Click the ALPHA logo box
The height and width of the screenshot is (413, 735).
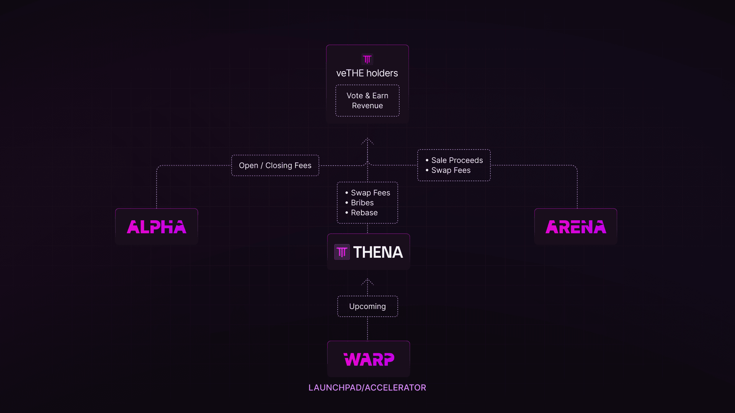click(x=157, y=227)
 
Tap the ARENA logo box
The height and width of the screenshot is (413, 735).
click(x=575, y=227)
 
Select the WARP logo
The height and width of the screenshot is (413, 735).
click(x=369, y=359)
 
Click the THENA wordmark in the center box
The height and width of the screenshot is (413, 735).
click(x=378, y=252)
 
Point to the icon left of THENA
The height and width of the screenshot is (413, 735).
click(x=342, y=252)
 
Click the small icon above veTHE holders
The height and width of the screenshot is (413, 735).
click(x=367, y=59)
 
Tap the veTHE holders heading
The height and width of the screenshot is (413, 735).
click(x=367, y=73)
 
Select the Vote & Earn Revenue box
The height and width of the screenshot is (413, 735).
click(x=367, y=101)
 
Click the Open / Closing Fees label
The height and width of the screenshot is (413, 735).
click(x=275, y=166)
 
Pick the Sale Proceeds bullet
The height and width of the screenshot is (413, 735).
click(x=457, y=160)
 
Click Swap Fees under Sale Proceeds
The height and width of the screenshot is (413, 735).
click(x=451, y=170)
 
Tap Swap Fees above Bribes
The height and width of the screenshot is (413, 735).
click(x=370, y=193)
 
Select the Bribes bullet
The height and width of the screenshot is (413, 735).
click(x=362, y=203)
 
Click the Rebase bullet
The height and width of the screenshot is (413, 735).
click(x=364, y=213)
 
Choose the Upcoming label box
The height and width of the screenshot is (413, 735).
click(x=367, y=306)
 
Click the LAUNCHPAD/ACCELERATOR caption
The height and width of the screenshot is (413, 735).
click(x=367, y=388)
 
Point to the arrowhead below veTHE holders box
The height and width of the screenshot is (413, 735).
click(x=367, y=141)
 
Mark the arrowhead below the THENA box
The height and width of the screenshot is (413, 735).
click(x=367, y=281)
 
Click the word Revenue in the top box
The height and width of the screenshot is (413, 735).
click(x=367, y=106)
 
